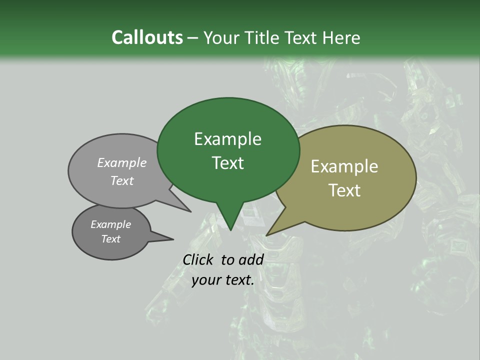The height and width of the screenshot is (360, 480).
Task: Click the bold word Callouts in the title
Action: click(147, 37)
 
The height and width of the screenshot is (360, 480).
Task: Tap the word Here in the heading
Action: click(342, 38)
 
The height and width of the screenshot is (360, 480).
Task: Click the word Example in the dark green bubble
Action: click(227, 139)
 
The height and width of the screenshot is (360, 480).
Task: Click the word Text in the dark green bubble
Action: click(227, 163)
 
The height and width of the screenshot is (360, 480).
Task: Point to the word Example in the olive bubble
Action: click(344, 166)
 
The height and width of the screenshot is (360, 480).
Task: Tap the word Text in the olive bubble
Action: click(344, 190)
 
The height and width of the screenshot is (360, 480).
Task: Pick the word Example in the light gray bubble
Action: click(122, 163)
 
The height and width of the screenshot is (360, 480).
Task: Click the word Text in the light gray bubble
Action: click(122, 180)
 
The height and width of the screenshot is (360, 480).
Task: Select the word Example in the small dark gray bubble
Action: click(110, 224)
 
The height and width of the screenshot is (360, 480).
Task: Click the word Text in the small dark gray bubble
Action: click(110, 239)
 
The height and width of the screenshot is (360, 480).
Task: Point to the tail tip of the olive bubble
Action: click(267, 235)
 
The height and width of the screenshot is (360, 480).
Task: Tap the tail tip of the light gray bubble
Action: click(190, 211)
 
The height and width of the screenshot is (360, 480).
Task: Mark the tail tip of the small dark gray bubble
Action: click(173, 239)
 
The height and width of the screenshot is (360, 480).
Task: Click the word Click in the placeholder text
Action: click(198, 259)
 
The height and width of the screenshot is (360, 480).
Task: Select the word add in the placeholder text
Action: click(251, 259)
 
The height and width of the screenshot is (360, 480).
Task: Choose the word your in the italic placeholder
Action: click(205, 280)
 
